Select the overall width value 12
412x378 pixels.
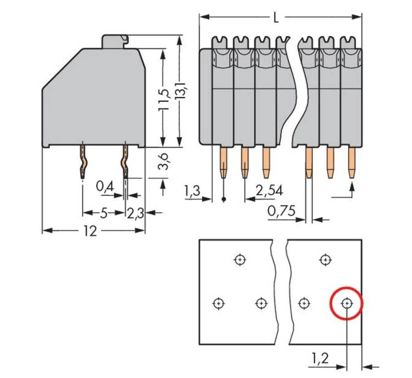(x=90, y=231)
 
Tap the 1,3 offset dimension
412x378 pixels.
(x=192, y=191)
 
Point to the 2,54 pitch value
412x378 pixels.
(x=269, y=191)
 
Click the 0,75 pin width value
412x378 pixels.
(x=281, y=211)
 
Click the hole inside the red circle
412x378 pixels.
(x=347, y=303)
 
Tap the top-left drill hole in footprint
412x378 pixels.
(x=239, y=260)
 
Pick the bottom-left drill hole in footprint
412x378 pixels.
(x=218, y=303)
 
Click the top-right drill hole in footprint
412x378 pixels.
(x=325, y=260)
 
